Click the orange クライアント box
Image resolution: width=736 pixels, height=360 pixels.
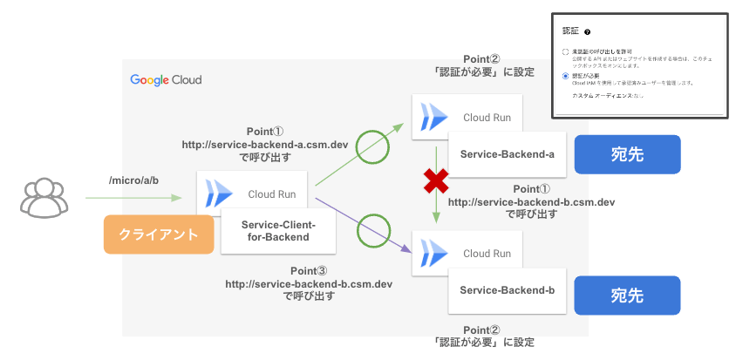[159, 234]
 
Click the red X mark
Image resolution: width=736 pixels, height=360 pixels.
[435, 181]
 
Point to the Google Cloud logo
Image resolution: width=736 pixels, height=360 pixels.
[166, 80]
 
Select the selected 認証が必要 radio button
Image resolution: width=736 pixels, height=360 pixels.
[566, 77]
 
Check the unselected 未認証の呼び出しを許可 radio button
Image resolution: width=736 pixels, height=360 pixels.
[566, 52]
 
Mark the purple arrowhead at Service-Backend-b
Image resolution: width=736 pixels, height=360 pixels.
[408, 251]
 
